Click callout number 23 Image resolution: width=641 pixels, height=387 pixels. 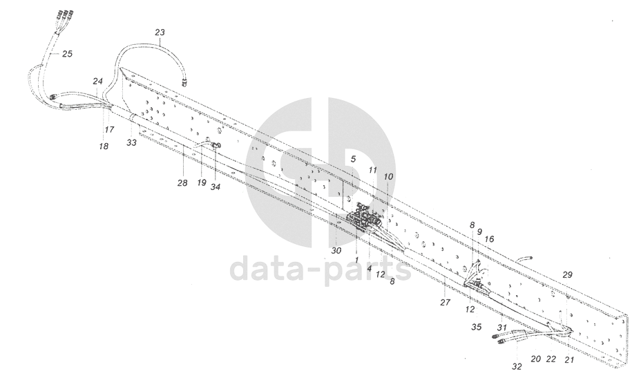(160, 32)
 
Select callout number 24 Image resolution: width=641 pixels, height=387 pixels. (97, 81)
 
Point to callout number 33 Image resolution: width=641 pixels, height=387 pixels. (131, 142)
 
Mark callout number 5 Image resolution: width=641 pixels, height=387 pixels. (352, 159)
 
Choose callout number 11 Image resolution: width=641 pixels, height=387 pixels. (372, 169)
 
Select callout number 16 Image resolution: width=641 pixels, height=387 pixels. (490, 238)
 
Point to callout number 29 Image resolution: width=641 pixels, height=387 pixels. (567, 275)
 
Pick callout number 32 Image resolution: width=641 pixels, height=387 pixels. (517, 366)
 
